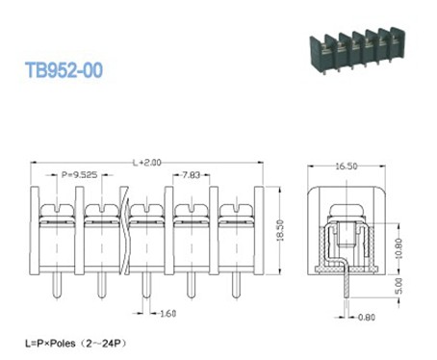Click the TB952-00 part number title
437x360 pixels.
pos(64,70)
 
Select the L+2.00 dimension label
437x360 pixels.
pos(146,161)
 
